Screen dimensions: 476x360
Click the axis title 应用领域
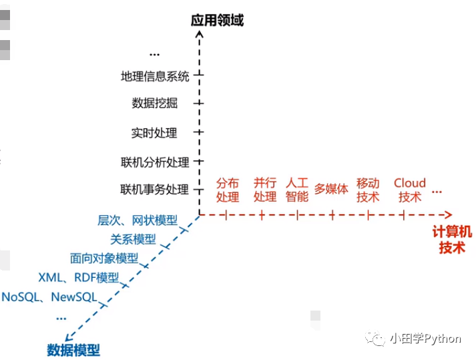pyautogui.click(x=217, y=20)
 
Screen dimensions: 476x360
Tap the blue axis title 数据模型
pyautogui.click(x=73, y=349)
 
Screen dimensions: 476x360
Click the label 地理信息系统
pyautogui.click(x=155, y=76)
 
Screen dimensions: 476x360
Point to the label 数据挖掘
pyautogui.click(x=155, y=104)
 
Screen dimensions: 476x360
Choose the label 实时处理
pyautogui.click(x=154, y=133)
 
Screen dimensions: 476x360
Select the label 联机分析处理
pyautogui.click(x=155, y=162)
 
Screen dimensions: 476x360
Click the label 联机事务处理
pyautogui.click(x=154, y=190)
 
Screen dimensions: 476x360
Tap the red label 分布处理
pyautogui.click(x=228, y=190)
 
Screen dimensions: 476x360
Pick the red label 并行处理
pyautogui.click(x=265, y=190)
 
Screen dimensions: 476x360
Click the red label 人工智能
pyautogui.click(x=297, y=190)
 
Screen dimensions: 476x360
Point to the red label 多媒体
pyautogui.click(x=332, y=189)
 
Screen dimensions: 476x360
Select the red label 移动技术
pyautogui.click(x=368, y=190)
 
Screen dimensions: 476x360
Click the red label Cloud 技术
pyautogui.click(x=410, y=190)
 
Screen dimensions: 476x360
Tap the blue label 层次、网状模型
pyautogui.click(x=138, y=220)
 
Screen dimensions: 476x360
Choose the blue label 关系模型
pyautogui.click(x=133, y=239)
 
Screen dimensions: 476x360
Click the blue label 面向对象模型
pyautogui.click(x=104, y=258)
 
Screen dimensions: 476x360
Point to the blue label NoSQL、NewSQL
pyautogui.click(x=49, y=297)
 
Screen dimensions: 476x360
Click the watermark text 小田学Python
pyautogui.click(x=425, y=339)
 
